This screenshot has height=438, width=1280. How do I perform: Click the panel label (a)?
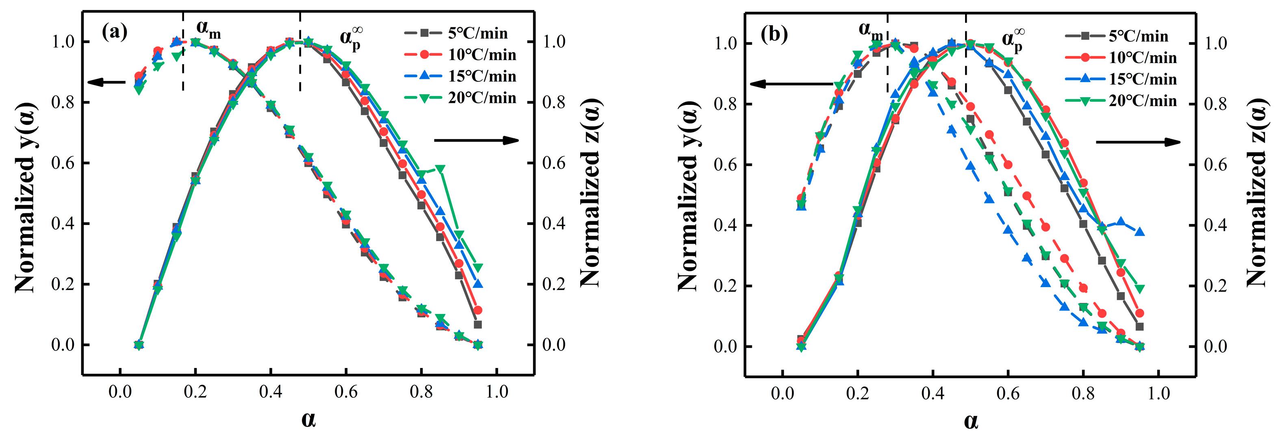(114, 33)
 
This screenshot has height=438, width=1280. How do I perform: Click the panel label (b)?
(774, 35)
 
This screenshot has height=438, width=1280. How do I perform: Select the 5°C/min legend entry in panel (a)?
(460, 33)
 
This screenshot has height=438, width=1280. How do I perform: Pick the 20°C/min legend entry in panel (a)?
(460, 98)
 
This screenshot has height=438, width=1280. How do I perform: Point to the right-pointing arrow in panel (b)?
(1138, 142)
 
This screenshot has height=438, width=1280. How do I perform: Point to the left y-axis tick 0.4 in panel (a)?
(63, 224)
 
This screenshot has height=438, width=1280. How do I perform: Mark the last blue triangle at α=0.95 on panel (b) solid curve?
(1140, 232)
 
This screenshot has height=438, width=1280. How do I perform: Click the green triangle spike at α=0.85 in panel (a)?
(440, 169)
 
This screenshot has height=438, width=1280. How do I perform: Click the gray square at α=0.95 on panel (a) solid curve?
(477, 325)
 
